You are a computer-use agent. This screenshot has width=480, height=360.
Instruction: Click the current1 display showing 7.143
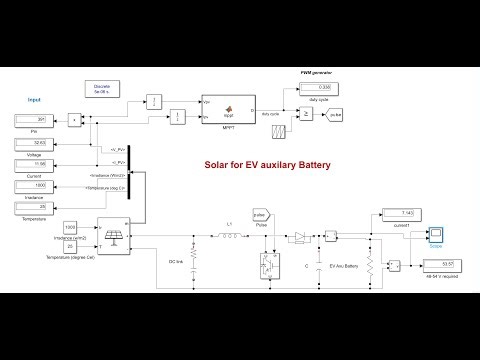click(x=399, y=213)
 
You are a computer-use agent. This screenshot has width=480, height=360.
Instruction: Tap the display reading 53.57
click(x=440, y=264)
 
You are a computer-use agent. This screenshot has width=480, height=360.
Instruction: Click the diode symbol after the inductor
click(x=299, y=238)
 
